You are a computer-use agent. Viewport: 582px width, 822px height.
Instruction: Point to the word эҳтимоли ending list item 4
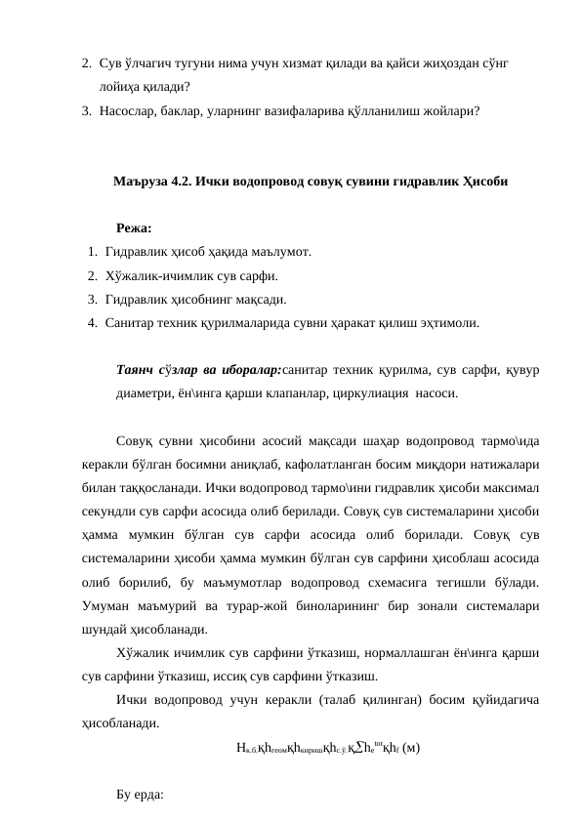450,320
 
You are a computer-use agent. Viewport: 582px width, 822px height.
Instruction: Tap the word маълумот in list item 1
277,253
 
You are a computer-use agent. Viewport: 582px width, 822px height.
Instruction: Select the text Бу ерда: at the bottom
141,794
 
